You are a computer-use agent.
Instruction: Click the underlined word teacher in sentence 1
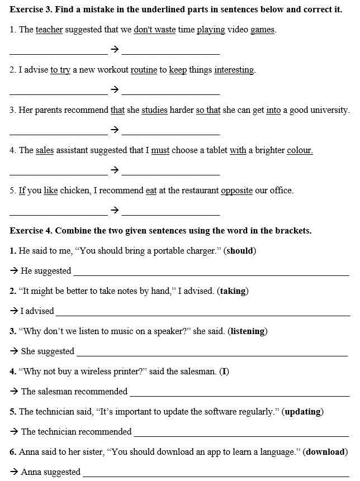click(x=49, y=30)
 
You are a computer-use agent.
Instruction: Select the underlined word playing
click(x=211, y=30)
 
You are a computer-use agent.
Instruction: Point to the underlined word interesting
click(x=234, y=70)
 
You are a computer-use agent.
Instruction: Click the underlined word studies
click(x=154, y=110)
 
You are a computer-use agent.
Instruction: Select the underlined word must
click(x=160, y=150)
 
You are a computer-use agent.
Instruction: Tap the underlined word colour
click(x=300, y=150)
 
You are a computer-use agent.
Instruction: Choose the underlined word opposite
click(x=236, y=191)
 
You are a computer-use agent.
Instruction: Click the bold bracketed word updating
click(x=303, y=412)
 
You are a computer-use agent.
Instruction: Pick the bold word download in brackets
click(x=326, y=452)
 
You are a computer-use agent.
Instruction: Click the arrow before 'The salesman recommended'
click(x=14, y=392)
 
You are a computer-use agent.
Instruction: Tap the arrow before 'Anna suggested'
click(x=14, y=472)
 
